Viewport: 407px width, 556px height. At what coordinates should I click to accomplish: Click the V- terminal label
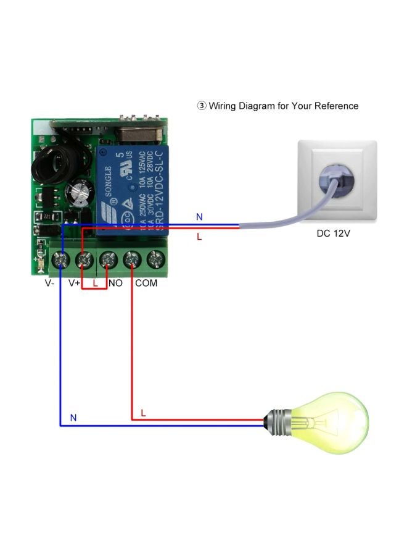pos(50,283)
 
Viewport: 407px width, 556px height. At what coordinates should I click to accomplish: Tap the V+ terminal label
pos(75,283)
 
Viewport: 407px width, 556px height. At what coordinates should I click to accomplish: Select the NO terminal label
pos(115,283)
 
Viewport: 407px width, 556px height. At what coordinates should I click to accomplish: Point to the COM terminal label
pos(146,283)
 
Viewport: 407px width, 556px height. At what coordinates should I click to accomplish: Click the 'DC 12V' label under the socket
pos(333,235)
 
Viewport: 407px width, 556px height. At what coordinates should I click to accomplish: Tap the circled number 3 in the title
pos(201,106)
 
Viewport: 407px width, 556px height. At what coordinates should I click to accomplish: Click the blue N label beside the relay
pos(199,217)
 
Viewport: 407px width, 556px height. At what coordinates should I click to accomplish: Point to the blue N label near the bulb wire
pos(73,418)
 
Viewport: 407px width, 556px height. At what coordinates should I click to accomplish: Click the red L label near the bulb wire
pos(143,412)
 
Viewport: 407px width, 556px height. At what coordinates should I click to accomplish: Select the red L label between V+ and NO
pos(95,283)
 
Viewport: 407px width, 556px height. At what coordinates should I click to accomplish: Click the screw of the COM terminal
pos(131,260)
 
